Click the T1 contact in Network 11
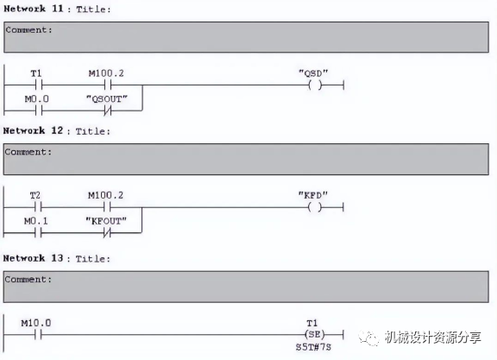click(38, 85)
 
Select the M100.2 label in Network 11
click(106, 73)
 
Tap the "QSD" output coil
click(315, 85)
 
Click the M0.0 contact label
click(37, 99)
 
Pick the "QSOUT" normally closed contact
click(108, 111)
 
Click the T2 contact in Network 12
click(38, 207)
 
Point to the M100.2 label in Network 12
click(105, 195)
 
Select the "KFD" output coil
click(314, 207)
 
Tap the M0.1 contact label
click(36, 221)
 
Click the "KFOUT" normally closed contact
click(107, 233)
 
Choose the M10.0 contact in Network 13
click(38, 335)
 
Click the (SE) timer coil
click(314, 334)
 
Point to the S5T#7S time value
click(313, 347)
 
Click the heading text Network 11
click(34, 9)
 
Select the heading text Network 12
click(34, 130)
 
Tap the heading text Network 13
click(34, 258)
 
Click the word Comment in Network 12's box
click(26, 152)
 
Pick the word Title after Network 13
click(90, 259)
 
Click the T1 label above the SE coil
click(311, 323)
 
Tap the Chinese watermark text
click(432, 338)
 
